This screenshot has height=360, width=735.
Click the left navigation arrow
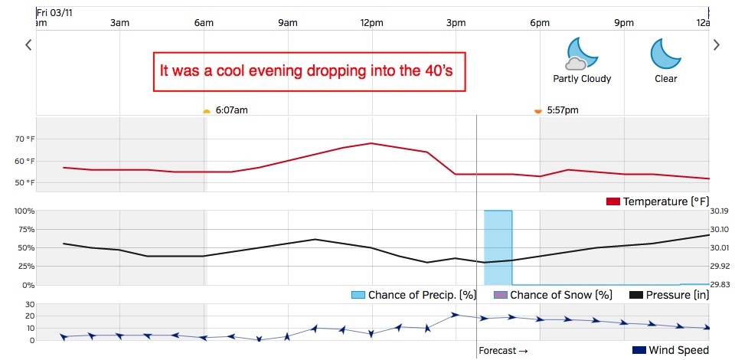[x=28, y=45]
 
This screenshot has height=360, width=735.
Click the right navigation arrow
[x=717, y=45]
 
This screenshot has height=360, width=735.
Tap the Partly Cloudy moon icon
[x=581, y=54]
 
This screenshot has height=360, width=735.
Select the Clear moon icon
[x=665, y=54]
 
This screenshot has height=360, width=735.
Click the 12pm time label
[x=371, y=23]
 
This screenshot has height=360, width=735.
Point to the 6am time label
[x=204, y=23]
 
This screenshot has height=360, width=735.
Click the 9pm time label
[x=624, y=23]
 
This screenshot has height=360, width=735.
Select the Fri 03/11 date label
[x=56, y=12]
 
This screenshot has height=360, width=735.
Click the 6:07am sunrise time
[x=231, y=110]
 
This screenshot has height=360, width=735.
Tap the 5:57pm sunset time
[x=563, y=110]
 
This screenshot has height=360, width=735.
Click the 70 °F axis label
[x=47, y=139]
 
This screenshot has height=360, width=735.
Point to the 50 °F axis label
[x=47, y=182]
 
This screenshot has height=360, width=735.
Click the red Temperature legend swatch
[x=612, y=201]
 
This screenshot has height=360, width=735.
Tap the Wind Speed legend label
[x=678, y=351]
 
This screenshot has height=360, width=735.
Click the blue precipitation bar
[x=498, y=247]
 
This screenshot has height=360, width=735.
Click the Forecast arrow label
[x=503, y=351]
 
